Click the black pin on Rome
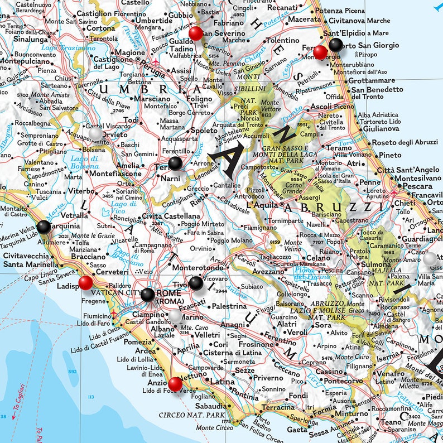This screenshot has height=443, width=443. coord(148,295)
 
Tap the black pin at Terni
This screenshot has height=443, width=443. coord(175,163)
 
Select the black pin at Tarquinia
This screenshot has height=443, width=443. coord(44,227)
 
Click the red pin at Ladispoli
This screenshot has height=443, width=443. coord(85,283)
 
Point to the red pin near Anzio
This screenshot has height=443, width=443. coord(175,383)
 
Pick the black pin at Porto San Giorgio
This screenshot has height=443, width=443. coord(335,45)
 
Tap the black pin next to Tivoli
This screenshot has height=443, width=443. coord(196,283)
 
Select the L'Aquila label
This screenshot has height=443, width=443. coord(263,205)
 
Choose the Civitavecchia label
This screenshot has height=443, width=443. coord(26,256)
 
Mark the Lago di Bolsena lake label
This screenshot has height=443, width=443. coord(85,162)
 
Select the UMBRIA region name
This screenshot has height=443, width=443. coord(133,89)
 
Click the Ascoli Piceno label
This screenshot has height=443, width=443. coord(332,106)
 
